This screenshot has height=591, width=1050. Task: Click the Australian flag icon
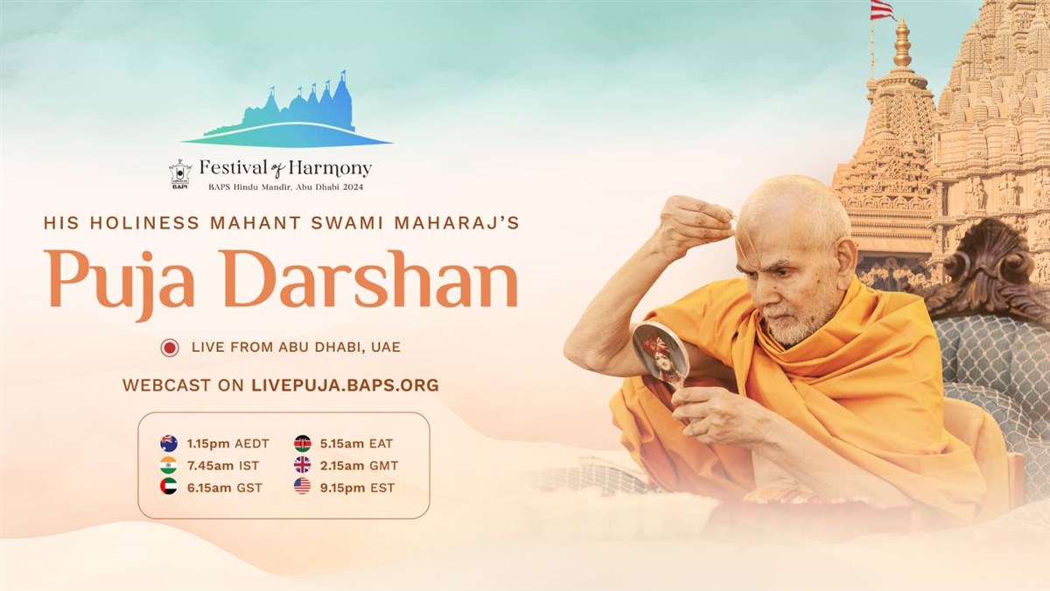(169, 443)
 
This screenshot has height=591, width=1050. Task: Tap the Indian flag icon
(169, 465)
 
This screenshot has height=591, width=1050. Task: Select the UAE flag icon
(169, 487)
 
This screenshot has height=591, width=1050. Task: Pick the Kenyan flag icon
(303, 443)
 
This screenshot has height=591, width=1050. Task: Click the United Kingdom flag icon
(303, 465)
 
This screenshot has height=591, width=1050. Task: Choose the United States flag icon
(303, 487)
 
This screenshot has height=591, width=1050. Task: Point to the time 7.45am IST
(223, 466)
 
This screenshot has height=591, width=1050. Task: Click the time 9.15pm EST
(358, 488)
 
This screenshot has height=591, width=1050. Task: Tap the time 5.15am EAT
(357, 444)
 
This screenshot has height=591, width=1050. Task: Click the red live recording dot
(170, 348)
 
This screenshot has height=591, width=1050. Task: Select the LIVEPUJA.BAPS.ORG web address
(345, 385)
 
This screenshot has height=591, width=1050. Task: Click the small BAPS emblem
(180, 174)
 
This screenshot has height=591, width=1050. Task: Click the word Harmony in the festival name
(330, 168)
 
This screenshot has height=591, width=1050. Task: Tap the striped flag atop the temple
(884, 11)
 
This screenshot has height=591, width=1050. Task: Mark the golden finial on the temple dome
(902, 45)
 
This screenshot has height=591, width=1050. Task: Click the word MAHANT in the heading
(255, 222)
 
